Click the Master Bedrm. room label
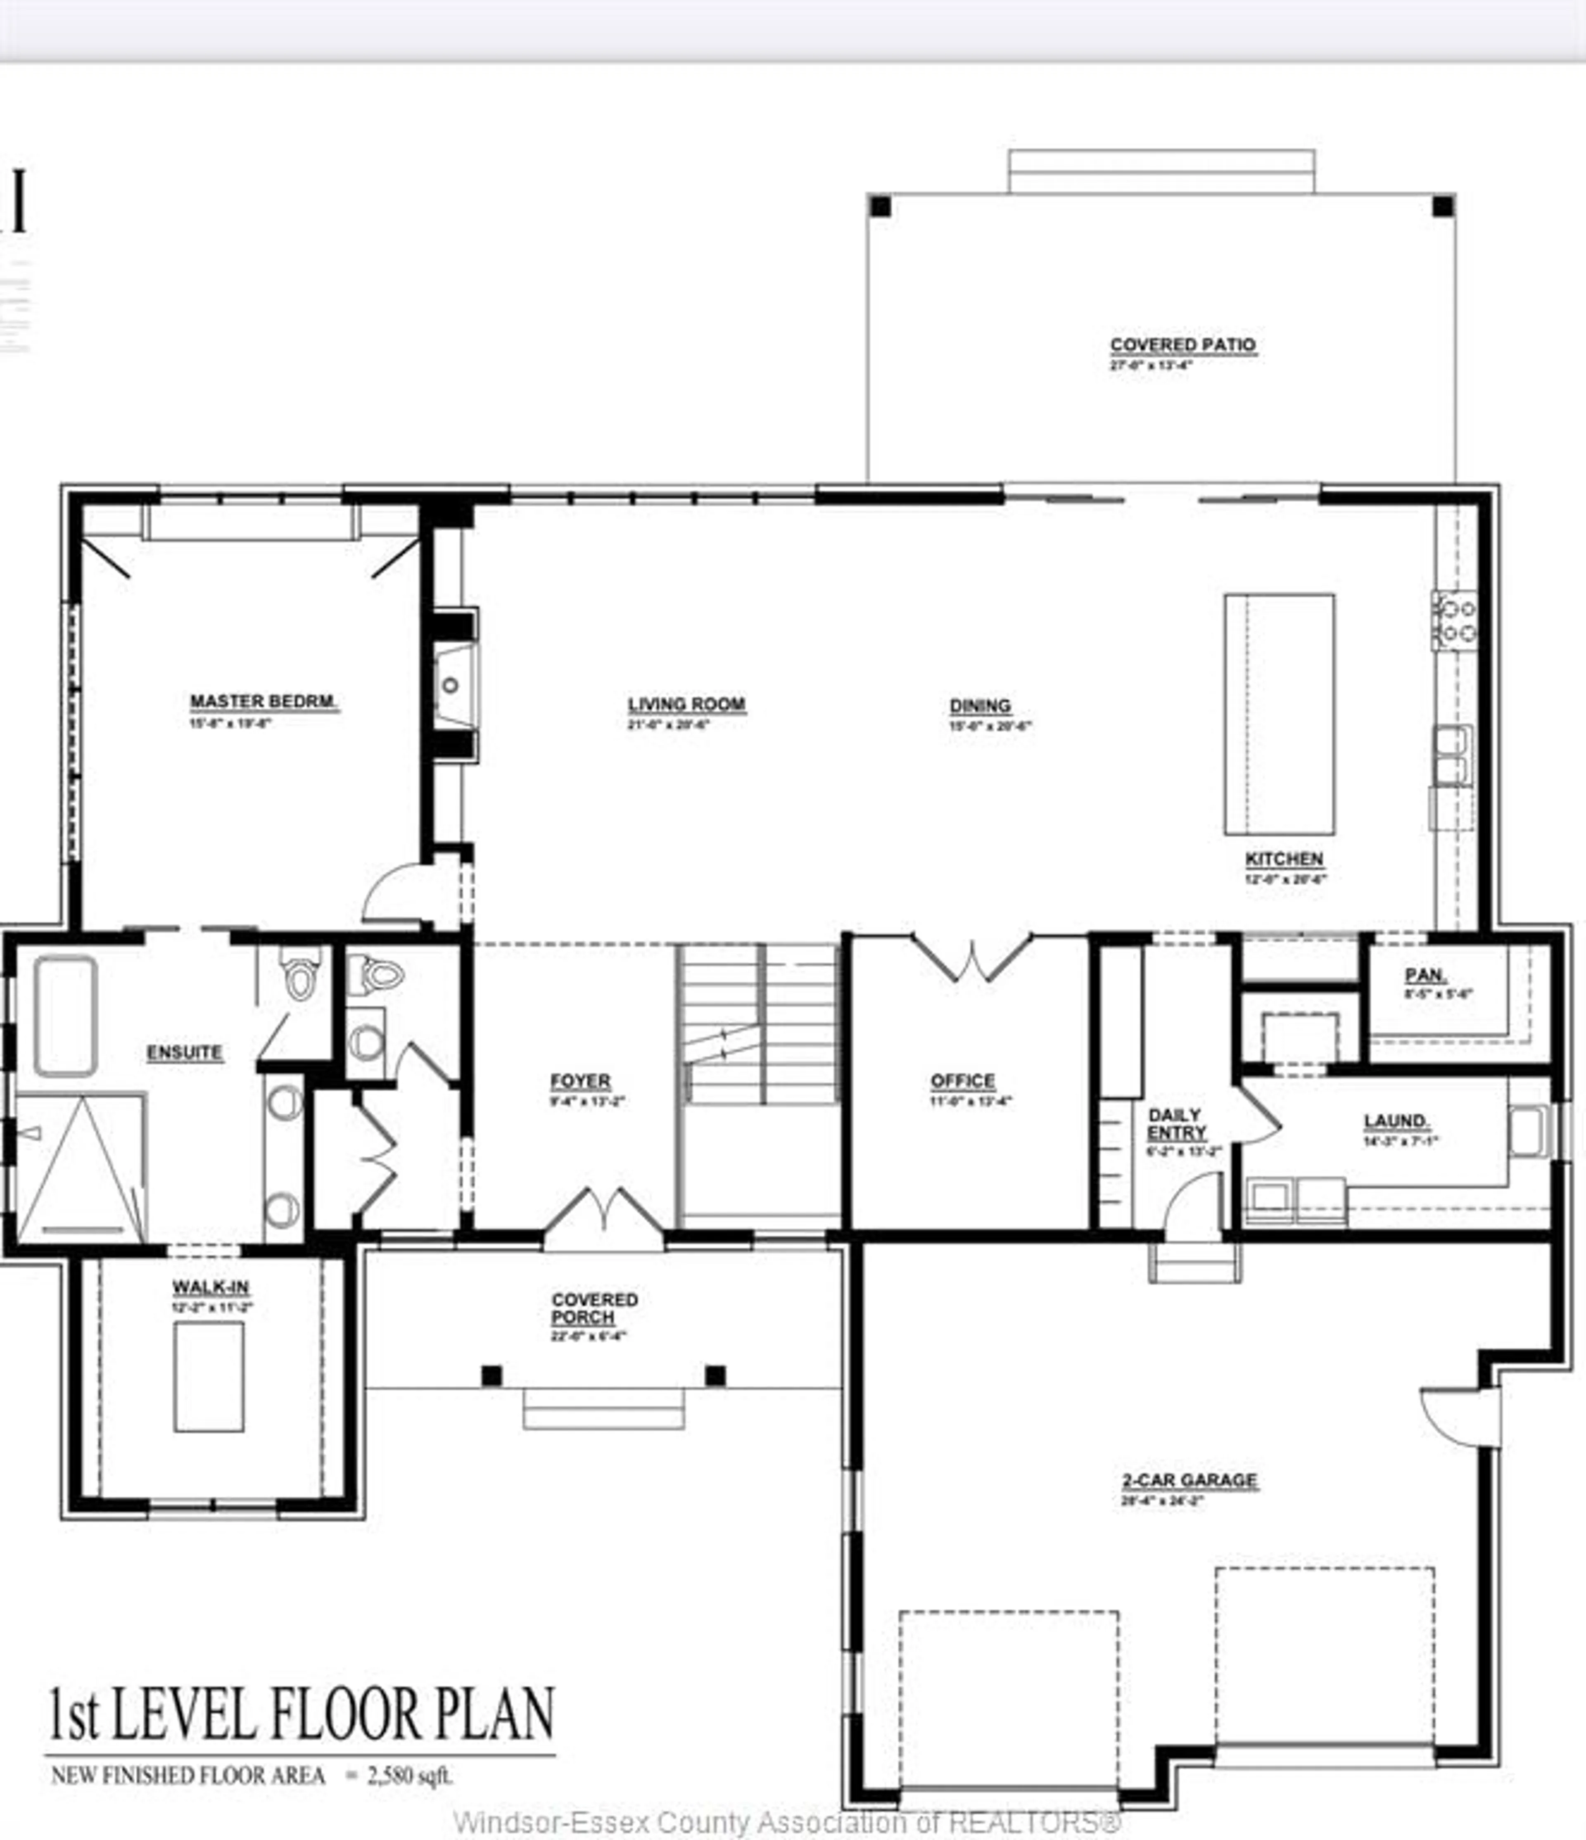click(264, 702)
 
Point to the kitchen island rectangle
click(1279, 715)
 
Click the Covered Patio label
click(1183, 344)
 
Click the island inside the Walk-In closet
click(209, 1377)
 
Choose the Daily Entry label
click(1176, 1123)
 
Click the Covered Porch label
click(594, 1308)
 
